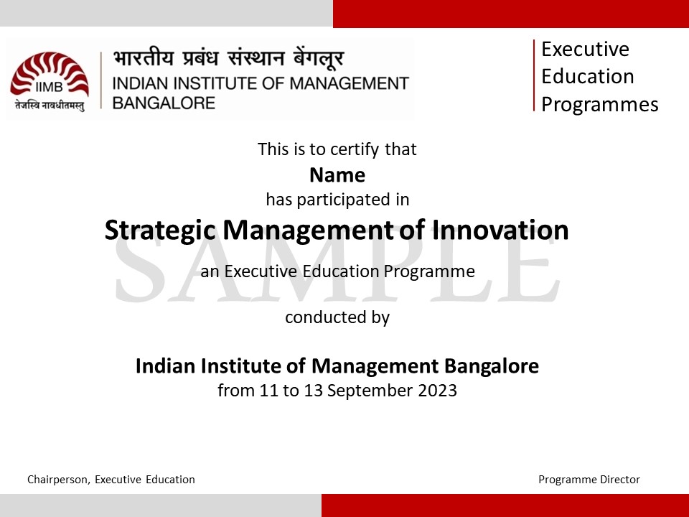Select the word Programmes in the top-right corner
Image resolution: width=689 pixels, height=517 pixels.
coord(599,104)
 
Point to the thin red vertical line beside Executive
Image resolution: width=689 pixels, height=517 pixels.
coord(535,75)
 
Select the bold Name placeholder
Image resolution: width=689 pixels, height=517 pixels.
coord(337,175)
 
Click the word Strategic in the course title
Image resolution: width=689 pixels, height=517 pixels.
coord(161,230)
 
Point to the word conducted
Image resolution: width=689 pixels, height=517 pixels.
coord(317,317)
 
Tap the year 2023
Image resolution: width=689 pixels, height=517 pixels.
coord(439,391)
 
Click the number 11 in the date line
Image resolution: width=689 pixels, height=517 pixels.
coord(268,391)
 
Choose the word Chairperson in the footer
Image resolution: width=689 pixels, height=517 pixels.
coord(58,480)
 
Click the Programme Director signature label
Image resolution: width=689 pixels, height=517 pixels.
coord(589,480)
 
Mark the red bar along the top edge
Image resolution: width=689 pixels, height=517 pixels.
coord(510,13)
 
